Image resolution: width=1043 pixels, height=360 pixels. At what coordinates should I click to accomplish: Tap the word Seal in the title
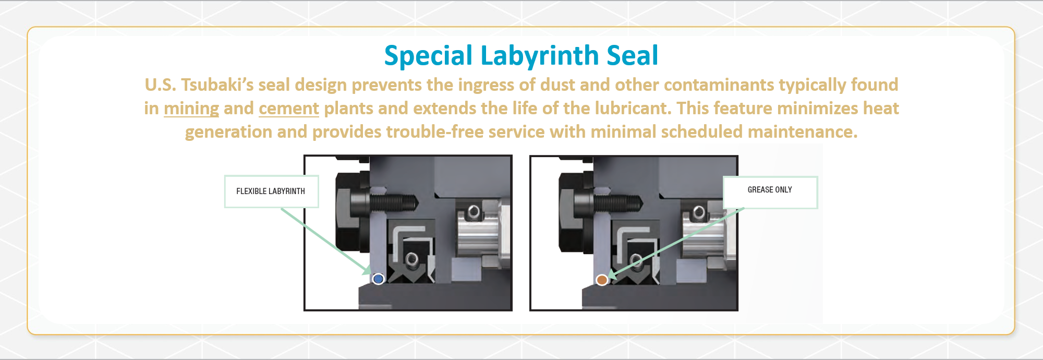coord(633,55)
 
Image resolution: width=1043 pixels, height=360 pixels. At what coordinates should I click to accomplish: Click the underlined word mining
coord(191,109)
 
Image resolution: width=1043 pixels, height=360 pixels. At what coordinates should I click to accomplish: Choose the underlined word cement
coord(289,109)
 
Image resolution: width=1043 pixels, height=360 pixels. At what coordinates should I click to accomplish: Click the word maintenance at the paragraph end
coord(803,131)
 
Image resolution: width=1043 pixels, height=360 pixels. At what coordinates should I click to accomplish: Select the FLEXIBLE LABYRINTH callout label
coord(271,191)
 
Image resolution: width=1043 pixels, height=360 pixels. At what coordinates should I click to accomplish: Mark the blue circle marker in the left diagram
coord(379,279)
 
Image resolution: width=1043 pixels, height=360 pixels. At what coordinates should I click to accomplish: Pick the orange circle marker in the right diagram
coord(602,280)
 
